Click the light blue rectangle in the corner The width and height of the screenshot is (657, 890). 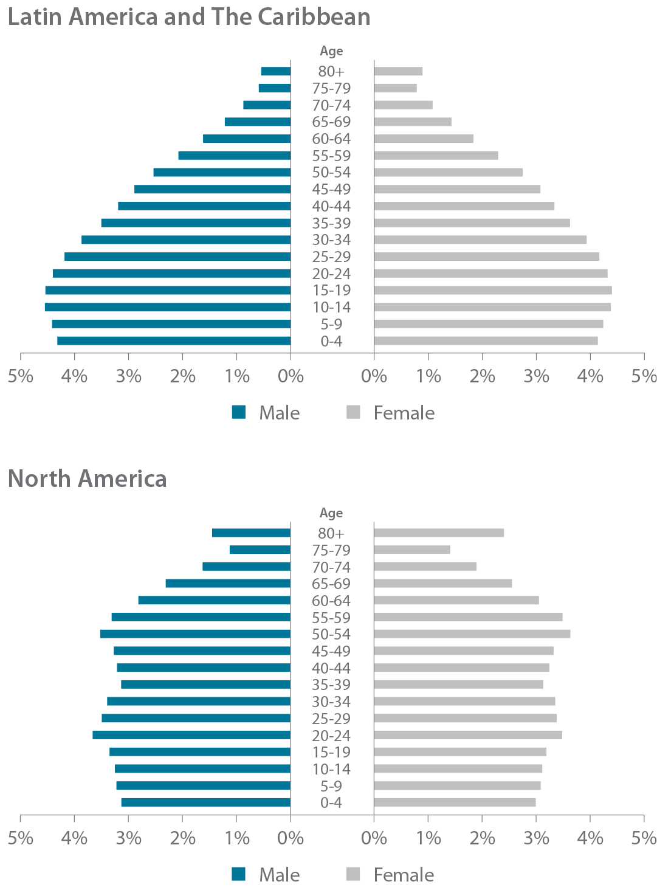(x=614, y=33)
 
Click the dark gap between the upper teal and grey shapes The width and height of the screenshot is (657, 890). (x=331, y=207)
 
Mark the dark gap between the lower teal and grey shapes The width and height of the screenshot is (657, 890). (x=331, y=669)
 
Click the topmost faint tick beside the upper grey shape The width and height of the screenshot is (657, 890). (x=366, y=71)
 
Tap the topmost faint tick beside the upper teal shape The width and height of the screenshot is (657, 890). (x=297, y=71)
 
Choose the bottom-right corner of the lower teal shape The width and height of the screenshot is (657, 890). (x=286, y=807)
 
